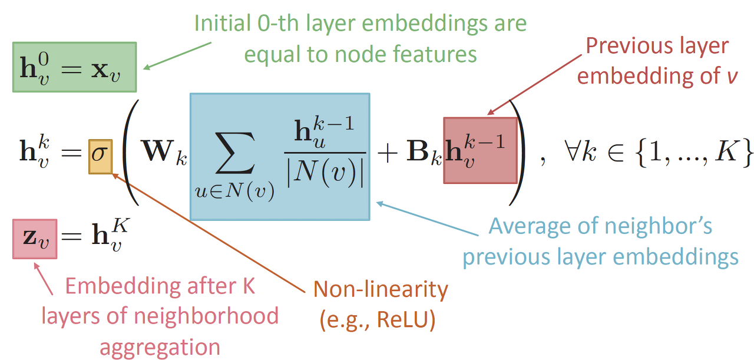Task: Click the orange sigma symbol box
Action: click(100, 156)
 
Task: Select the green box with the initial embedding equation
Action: click(74, 67)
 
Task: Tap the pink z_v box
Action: click(35, 238)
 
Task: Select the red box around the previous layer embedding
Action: click(480, 150)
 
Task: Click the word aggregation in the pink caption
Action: click(160, 347)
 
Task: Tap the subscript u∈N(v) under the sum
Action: click(235, 193)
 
